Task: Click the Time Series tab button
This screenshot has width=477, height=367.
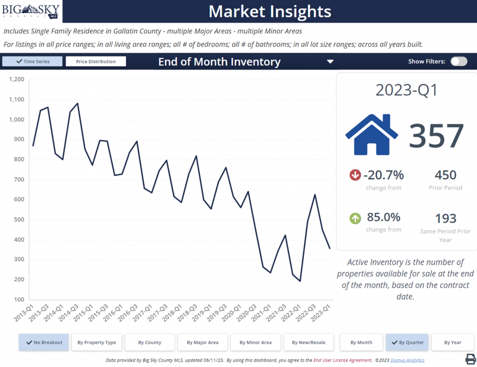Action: (x=32, y=61)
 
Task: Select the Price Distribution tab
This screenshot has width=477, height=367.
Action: (x=96, y=61)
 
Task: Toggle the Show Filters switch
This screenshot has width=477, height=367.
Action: (x=458, y=61)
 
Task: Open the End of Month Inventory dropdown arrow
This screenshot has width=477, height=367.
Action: (x=330, y=61)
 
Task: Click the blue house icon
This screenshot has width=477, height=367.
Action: (x=371, y=135)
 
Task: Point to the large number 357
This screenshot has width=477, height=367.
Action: (x=436, y=136)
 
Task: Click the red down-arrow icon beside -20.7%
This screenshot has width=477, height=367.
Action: (x=355, y=175)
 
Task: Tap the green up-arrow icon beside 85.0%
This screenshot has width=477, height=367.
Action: (x=355, y=218)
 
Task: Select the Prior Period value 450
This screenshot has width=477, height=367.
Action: (x=445, y=175)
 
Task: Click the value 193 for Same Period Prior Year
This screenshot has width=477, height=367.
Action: (x=445, y=218)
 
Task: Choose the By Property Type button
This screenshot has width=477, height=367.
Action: (x=97, y=342)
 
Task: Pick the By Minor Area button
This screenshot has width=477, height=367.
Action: (x=255, y=342)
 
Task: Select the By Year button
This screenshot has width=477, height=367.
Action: (x=452, y=342)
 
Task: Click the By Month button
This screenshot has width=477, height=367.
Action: (x=361, y=342)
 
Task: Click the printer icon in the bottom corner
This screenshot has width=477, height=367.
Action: (x=470, y=359)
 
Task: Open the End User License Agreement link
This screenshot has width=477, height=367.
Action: (x=342, y=360)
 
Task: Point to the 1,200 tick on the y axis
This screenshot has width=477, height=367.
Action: (x=16, y=80)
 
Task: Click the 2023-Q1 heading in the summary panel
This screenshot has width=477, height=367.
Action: (x=407, y=90)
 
